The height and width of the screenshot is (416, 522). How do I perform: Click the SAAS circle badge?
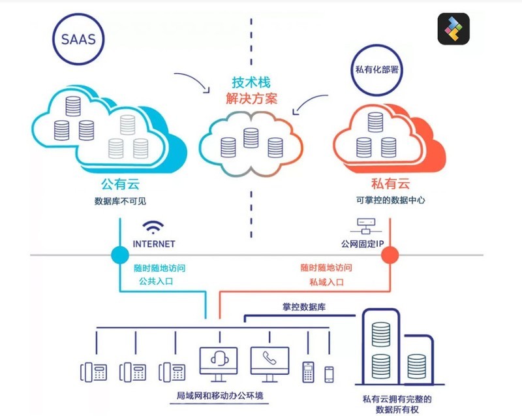pyautogui.click(x=80, y=39)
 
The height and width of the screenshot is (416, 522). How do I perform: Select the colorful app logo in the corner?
pyautogui.click(x=453, y=29)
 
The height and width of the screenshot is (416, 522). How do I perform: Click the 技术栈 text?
pyautogui.click(x=251, y=83)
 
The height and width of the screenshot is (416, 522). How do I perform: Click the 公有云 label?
pyautogui.click(x=120, y=184)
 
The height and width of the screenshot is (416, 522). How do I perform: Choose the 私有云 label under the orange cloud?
pyautogui.click(x=391, y=184)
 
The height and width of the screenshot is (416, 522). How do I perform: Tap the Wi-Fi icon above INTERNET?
pyautogui.click(x=154, y=228)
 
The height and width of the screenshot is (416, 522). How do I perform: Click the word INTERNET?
pyautogui.click(x=154, y=244)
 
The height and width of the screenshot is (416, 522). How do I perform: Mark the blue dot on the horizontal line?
pyautogui.click(x=121, y=254)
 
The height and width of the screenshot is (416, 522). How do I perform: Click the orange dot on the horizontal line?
pyautogui.click(x=390, y=254)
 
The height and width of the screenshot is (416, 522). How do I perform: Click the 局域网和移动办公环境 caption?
pyautogui.click(x=213, y=396)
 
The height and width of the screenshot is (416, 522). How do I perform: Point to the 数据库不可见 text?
pyautogui.click(x=121, y=200)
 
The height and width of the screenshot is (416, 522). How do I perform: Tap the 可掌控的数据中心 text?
pyautogui.click(x=391, y=200)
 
